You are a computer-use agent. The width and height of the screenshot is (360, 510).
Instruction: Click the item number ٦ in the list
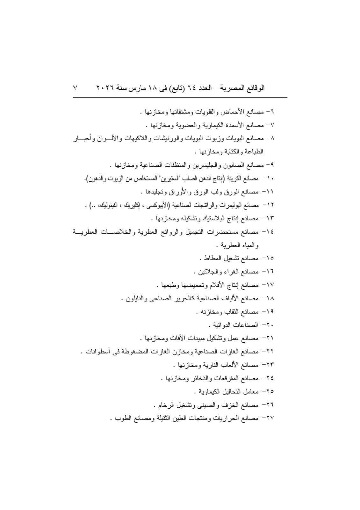point(272,112)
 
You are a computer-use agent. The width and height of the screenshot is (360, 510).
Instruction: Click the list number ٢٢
point(270,351)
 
